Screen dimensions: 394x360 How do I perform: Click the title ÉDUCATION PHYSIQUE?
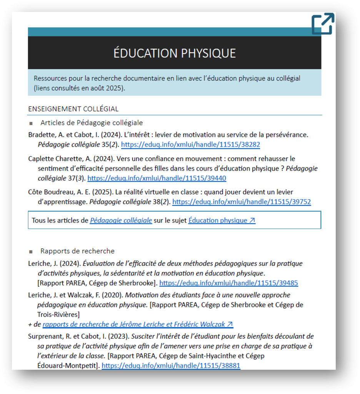tap(174, 53)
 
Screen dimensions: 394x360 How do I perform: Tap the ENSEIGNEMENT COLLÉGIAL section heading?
tap(73, 109)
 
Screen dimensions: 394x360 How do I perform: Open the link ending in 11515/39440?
tap(157, 178)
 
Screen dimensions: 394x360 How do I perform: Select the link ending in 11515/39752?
tap(242, 202)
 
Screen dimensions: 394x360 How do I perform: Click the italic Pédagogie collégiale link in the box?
tap(121, 220)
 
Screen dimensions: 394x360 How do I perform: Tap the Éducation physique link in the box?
tap(222, 220)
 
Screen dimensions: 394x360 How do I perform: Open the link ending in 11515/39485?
tap(228, 283)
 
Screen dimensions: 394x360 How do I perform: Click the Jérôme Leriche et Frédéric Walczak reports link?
tap(138, 324)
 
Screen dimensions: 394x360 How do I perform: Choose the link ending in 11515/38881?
tap(171, 366)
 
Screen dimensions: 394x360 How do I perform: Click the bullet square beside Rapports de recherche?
tap(31, 252)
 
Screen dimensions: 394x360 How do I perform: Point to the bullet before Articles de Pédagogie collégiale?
tap(31, 123)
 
